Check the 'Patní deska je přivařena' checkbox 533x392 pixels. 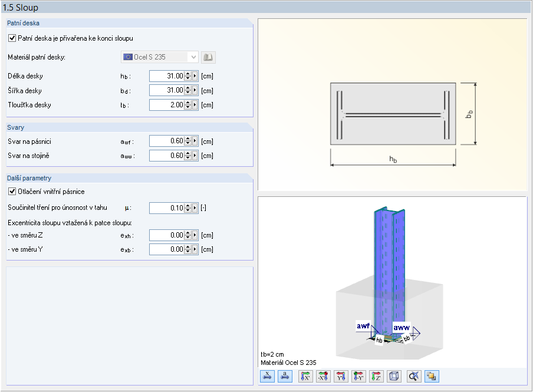tap(12, 38)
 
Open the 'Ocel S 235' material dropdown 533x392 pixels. tap(159, 57)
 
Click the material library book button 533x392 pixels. tap(208, 57)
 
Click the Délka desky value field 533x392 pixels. tap(166, 76)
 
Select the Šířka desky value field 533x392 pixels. tap(166, 90)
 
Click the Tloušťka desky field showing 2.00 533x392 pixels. tap(166, 105)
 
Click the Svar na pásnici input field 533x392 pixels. tap(166, 141)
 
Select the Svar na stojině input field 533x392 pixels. tap(166, 156)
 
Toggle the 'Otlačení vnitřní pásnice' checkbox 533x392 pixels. tap(12, 192)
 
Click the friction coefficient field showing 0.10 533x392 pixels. tap(166, 208)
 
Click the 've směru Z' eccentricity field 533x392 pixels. tap(166, 235)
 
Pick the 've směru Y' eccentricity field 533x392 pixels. tap(166, 249)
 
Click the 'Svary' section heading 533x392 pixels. tap(16, 127)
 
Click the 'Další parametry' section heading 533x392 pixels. tap(29, 177)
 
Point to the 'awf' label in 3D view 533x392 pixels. tap(364, 326)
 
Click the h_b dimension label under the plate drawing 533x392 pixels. tap(392, 159)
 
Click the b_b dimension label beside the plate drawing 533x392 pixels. tap(469, 114)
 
